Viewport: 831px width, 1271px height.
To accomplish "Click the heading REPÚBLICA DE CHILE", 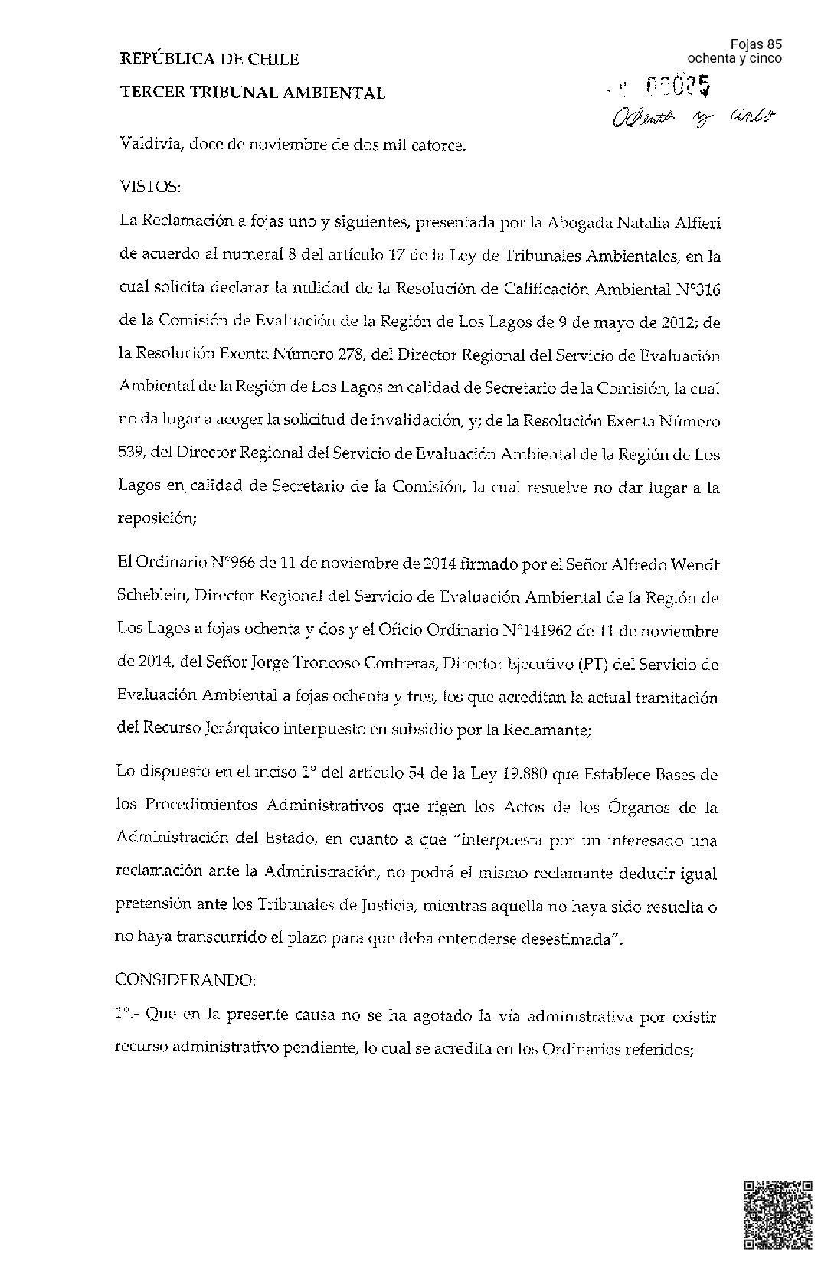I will point(209,59).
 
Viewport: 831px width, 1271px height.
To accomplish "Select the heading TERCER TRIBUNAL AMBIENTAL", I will point(253,93).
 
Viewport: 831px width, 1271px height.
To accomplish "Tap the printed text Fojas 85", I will point(756,44).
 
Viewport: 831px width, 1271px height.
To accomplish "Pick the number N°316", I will point(693,289).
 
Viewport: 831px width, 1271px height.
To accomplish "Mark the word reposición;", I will point(156,518).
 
